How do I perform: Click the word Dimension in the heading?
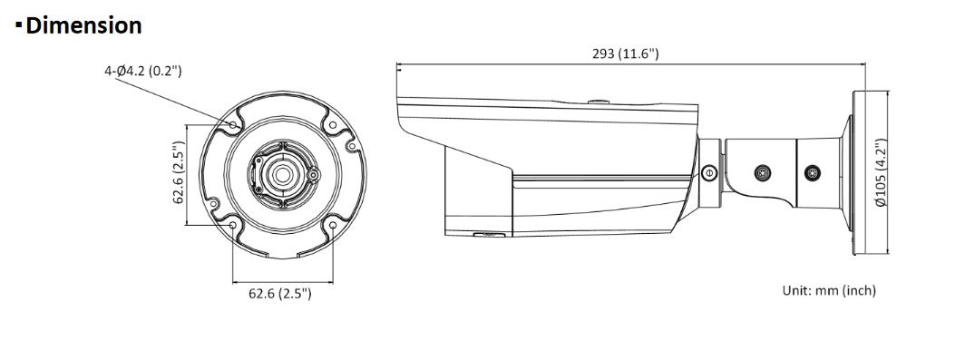coord(84,26)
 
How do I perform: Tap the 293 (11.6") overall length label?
coord(625,54)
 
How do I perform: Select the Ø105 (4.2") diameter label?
coord(881,173)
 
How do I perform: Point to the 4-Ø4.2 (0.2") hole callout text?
coord(142,71)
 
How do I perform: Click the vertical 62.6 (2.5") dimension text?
coord(179,173)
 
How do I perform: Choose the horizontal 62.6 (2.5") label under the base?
coord(280,294)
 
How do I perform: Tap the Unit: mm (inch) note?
coord(829,290)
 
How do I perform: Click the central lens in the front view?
coord(282,175)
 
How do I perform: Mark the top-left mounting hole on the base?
coord(233,125)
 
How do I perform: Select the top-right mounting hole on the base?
coord(333,125)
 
